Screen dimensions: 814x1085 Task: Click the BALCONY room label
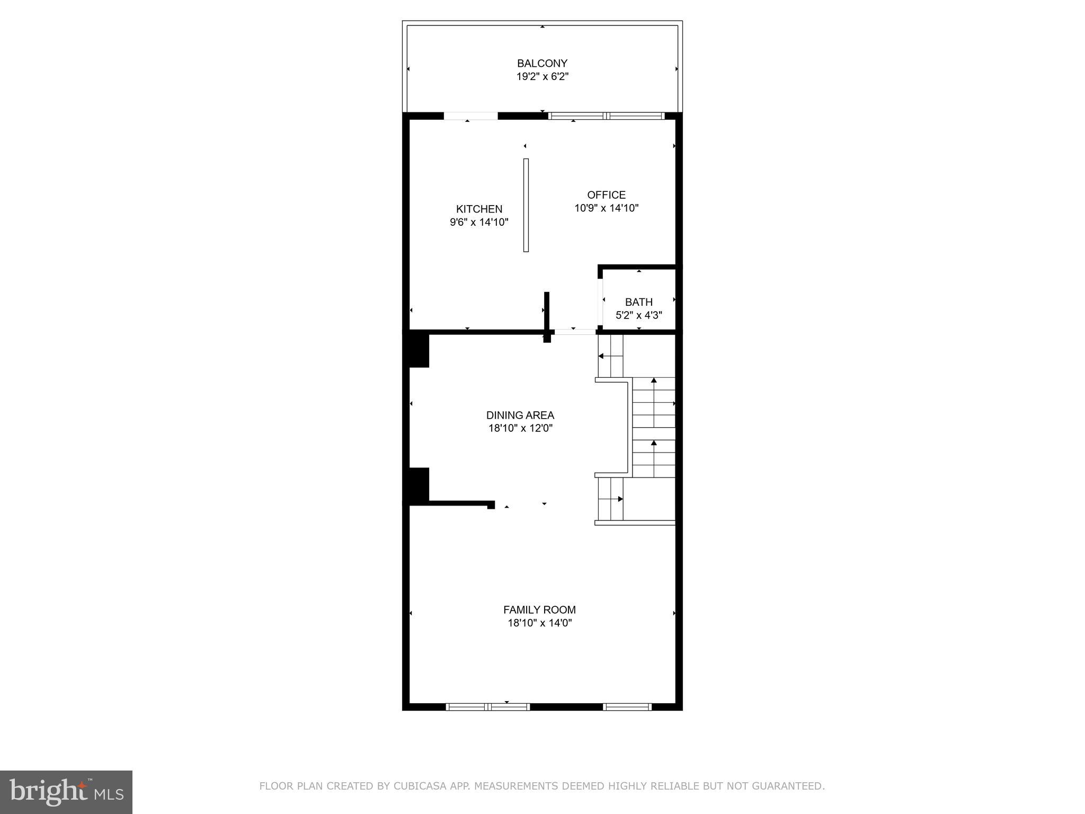(542, 64)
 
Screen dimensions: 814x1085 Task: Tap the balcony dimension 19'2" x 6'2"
(542, 77)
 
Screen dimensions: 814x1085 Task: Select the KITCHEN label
(479, 209)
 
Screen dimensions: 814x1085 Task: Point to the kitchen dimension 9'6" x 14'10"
(479, 223)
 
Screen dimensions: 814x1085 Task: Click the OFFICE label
(606, 195)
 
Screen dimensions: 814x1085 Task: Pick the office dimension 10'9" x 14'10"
(606, 208)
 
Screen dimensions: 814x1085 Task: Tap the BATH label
(638, 302)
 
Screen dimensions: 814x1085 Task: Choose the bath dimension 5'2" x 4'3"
(638, 315)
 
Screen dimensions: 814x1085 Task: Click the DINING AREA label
(520, 415)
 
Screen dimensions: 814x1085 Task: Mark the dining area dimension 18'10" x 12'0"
(520, 429)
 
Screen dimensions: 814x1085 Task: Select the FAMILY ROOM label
(539, 610)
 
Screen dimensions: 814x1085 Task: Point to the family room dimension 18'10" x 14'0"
(539, 623)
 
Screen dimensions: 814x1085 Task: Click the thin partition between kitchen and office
(526, 205)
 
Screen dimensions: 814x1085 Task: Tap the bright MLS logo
(66, 792)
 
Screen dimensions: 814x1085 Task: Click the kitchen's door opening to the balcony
(470, 116)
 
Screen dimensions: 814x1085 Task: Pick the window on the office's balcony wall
(606, 116)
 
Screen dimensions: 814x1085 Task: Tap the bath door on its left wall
(601, 300)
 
